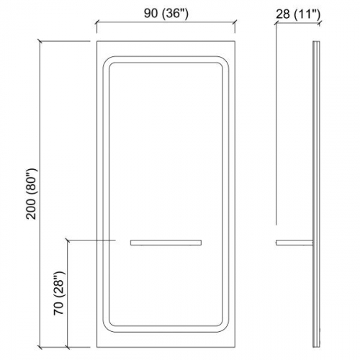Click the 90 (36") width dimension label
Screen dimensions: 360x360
pos(166,14)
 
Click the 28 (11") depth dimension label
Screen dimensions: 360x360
pos(298,14)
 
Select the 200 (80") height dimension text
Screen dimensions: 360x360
pos(32,194)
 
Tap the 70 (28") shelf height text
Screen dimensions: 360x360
pos(59,293)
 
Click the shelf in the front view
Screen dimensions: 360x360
pos(166,243)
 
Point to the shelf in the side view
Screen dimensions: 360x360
pos(294,243)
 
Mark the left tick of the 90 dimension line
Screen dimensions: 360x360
pos(96,23)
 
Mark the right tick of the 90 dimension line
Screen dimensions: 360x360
pos(235,23)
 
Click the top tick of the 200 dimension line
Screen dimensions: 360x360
pos(40,41)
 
